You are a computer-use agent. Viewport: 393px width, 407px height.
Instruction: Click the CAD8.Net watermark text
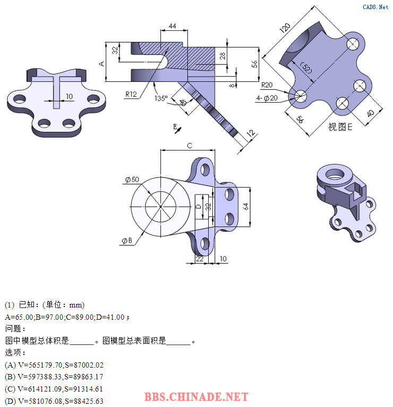pyautogui.click(x=375, y=7)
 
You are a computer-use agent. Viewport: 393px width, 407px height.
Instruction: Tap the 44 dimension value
pyautogui.click(x=172, y=26)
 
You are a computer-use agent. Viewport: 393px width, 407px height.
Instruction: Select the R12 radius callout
pyautogui.click(x=131, y=94)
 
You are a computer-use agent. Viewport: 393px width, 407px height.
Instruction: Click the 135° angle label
pyautogui.click(x=161, y=98)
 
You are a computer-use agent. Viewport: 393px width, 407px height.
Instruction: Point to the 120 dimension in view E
pyautogui.click(x=285, y=28)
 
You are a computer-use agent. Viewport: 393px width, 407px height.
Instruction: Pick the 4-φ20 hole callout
pyautogui.click(x=267, y=98)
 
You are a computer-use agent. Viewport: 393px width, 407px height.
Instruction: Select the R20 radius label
pyautogui.click(x=267, y=85)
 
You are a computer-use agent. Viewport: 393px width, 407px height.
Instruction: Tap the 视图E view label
pyautogui.click(x=340, y=127)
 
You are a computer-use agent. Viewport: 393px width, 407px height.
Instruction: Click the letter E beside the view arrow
pyautogui.click(x=175, y=127)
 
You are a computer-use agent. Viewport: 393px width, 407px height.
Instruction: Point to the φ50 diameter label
pyautogui.click(x=132, y=179)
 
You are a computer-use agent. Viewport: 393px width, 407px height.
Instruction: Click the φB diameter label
pyautogui.click(x=127, y=240)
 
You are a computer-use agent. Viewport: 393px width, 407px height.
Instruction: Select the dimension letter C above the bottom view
pyautogui.click(x=190, y=146)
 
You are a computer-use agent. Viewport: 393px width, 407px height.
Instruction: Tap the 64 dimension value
pyautogui.click(x=245, y=206)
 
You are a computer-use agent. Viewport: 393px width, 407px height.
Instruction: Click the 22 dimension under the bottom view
pyautogui.click(x=200, y=259)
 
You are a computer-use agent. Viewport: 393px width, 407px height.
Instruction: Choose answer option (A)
pyautogui.click(x=54, y=365)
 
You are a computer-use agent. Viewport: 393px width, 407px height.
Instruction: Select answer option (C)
pyautogui.click(x=54, y=389)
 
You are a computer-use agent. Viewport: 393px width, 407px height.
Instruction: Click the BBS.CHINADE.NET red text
pyautogui.click(x=196, y=397)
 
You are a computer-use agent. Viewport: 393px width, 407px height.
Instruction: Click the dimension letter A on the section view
pyautogui.click(x=102, y=64)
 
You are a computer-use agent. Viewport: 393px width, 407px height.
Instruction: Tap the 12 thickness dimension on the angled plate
pyautogui.click(x=251, y=133)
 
